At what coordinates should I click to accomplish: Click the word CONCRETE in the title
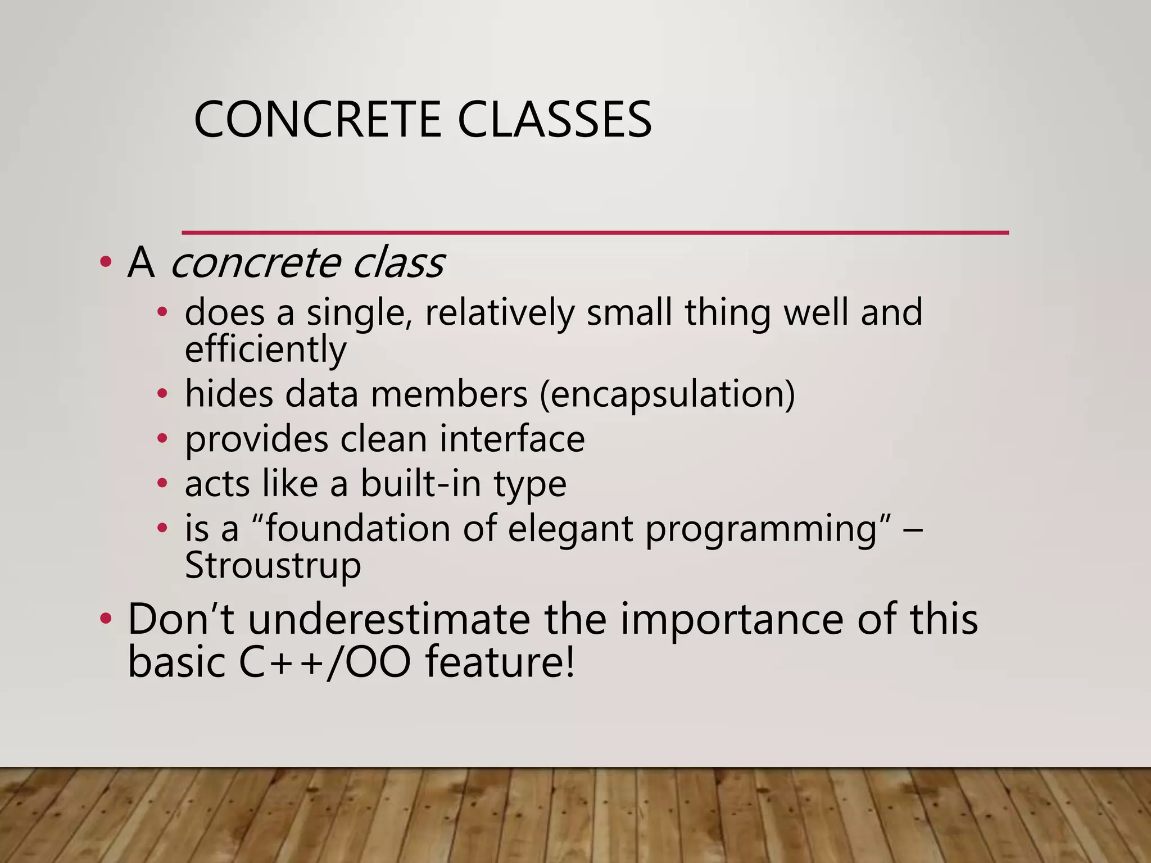tap(318, 119)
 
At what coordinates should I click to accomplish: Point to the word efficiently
tap(265, 349)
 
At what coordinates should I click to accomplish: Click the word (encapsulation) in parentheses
tap(667, 394)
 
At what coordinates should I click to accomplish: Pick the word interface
tap(512, 439)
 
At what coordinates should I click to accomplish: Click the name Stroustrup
tap(273, 565)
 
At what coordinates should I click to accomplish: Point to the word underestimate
tap(389, 619)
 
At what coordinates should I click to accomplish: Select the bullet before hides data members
tap(162, 395)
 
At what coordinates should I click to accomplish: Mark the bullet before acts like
tap(162, 484)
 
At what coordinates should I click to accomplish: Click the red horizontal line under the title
tap(595, 232)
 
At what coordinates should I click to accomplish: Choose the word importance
tap(732, 619)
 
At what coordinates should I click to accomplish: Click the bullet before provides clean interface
tap(162, 439)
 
